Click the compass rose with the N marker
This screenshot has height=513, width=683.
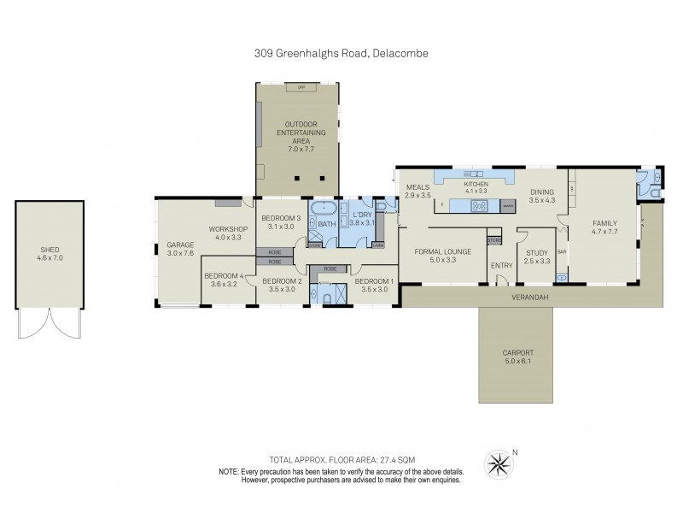pos(498,465)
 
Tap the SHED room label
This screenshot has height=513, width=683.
pos(50,250)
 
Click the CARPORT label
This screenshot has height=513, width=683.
pos(517,352)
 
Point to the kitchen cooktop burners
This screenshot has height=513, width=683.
pos(479,206)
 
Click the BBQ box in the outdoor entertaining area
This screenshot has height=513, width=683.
pos(300,88)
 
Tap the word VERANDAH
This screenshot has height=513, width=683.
pos(523,297)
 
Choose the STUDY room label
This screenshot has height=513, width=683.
pos(536,252)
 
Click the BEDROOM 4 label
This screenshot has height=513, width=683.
pos(224,275)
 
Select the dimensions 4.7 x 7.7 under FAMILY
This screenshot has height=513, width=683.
pos(604,232)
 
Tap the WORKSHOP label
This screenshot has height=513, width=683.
pos(228,228)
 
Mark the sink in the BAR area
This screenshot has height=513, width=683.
pos(561,276)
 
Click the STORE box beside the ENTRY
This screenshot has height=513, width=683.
pos(493,240)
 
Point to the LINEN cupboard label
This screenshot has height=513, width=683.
pos(378,245)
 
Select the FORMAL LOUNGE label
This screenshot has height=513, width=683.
pos(441,251)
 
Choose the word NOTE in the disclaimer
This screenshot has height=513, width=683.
pos(228,471)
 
